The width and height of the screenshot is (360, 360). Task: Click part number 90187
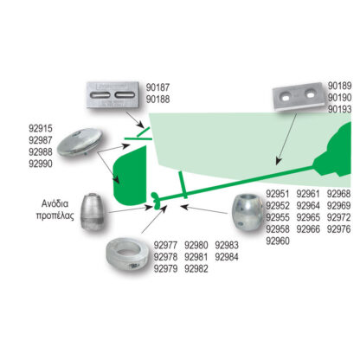tap(157, 87)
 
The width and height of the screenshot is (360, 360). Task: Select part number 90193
tap(340, 109)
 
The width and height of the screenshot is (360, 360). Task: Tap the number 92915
tap(41, 129)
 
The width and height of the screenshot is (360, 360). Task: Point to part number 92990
tap(41, 164)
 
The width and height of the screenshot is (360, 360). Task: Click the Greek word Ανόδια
tap(55, 203)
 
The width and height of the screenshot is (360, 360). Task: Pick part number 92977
tap(165, 246)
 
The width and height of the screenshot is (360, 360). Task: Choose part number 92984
tap(227, 257)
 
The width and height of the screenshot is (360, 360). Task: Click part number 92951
tap(278, 194)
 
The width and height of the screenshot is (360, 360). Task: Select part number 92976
tap(339, 229)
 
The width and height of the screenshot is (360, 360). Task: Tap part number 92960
tap(278, 241)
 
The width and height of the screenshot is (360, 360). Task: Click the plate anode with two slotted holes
tap(112, 95)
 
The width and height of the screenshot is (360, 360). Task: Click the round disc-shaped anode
tap(80, 143)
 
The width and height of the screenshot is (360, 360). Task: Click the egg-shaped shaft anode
tap(247, 212)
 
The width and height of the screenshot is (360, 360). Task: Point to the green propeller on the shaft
tap(156, 200)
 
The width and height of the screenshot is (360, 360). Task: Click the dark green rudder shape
tap(130, 175)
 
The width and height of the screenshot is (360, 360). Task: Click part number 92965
tap(308, 217)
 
